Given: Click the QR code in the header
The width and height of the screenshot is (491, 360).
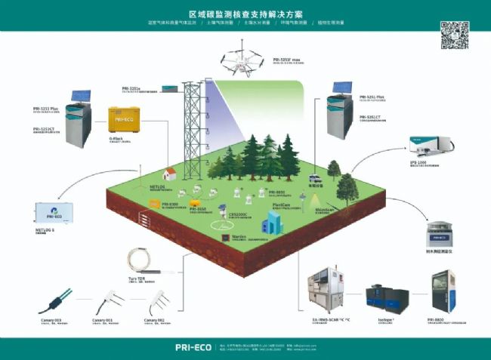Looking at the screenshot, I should click(453, 35).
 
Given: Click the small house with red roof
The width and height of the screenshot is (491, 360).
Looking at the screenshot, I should click(171, 174).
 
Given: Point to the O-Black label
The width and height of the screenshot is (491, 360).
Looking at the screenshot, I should click(116, 138).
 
